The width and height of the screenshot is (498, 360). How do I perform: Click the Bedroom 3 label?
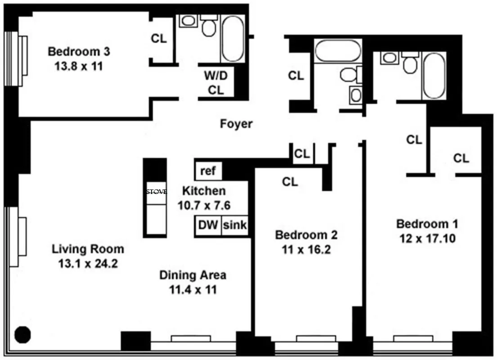tap(79, 51)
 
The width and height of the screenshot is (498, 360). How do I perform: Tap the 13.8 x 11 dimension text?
tap(79, 66)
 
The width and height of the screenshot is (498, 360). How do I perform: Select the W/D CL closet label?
tap(216, 83)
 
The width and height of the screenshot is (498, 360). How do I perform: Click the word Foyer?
tap(236, 124)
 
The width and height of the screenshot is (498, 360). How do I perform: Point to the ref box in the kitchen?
tap(208, 171)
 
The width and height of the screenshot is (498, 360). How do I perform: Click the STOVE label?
tap(156, 191)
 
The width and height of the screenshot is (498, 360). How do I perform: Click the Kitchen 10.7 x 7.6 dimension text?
tap(204, 206)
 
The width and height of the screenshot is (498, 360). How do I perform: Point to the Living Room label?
tap(88, 249)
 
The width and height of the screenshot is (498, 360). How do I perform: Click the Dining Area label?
tap(193, 275)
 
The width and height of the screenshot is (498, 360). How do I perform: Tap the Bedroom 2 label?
tap(306, 234)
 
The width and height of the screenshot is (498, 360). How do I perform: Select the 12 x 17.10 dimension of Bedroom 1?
tap(427, 238)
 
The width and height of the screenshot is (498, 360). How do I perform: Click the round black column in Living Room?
tap(22, 334)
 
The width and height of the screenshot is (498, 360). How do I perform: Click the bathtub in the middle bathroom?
tap(337, 51)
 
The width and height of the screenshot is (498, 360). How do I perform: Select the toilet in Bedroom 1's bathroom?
tap(410, 63)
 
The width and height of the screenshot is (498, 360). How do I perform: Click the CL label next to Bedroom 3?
tap(158, 39)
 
